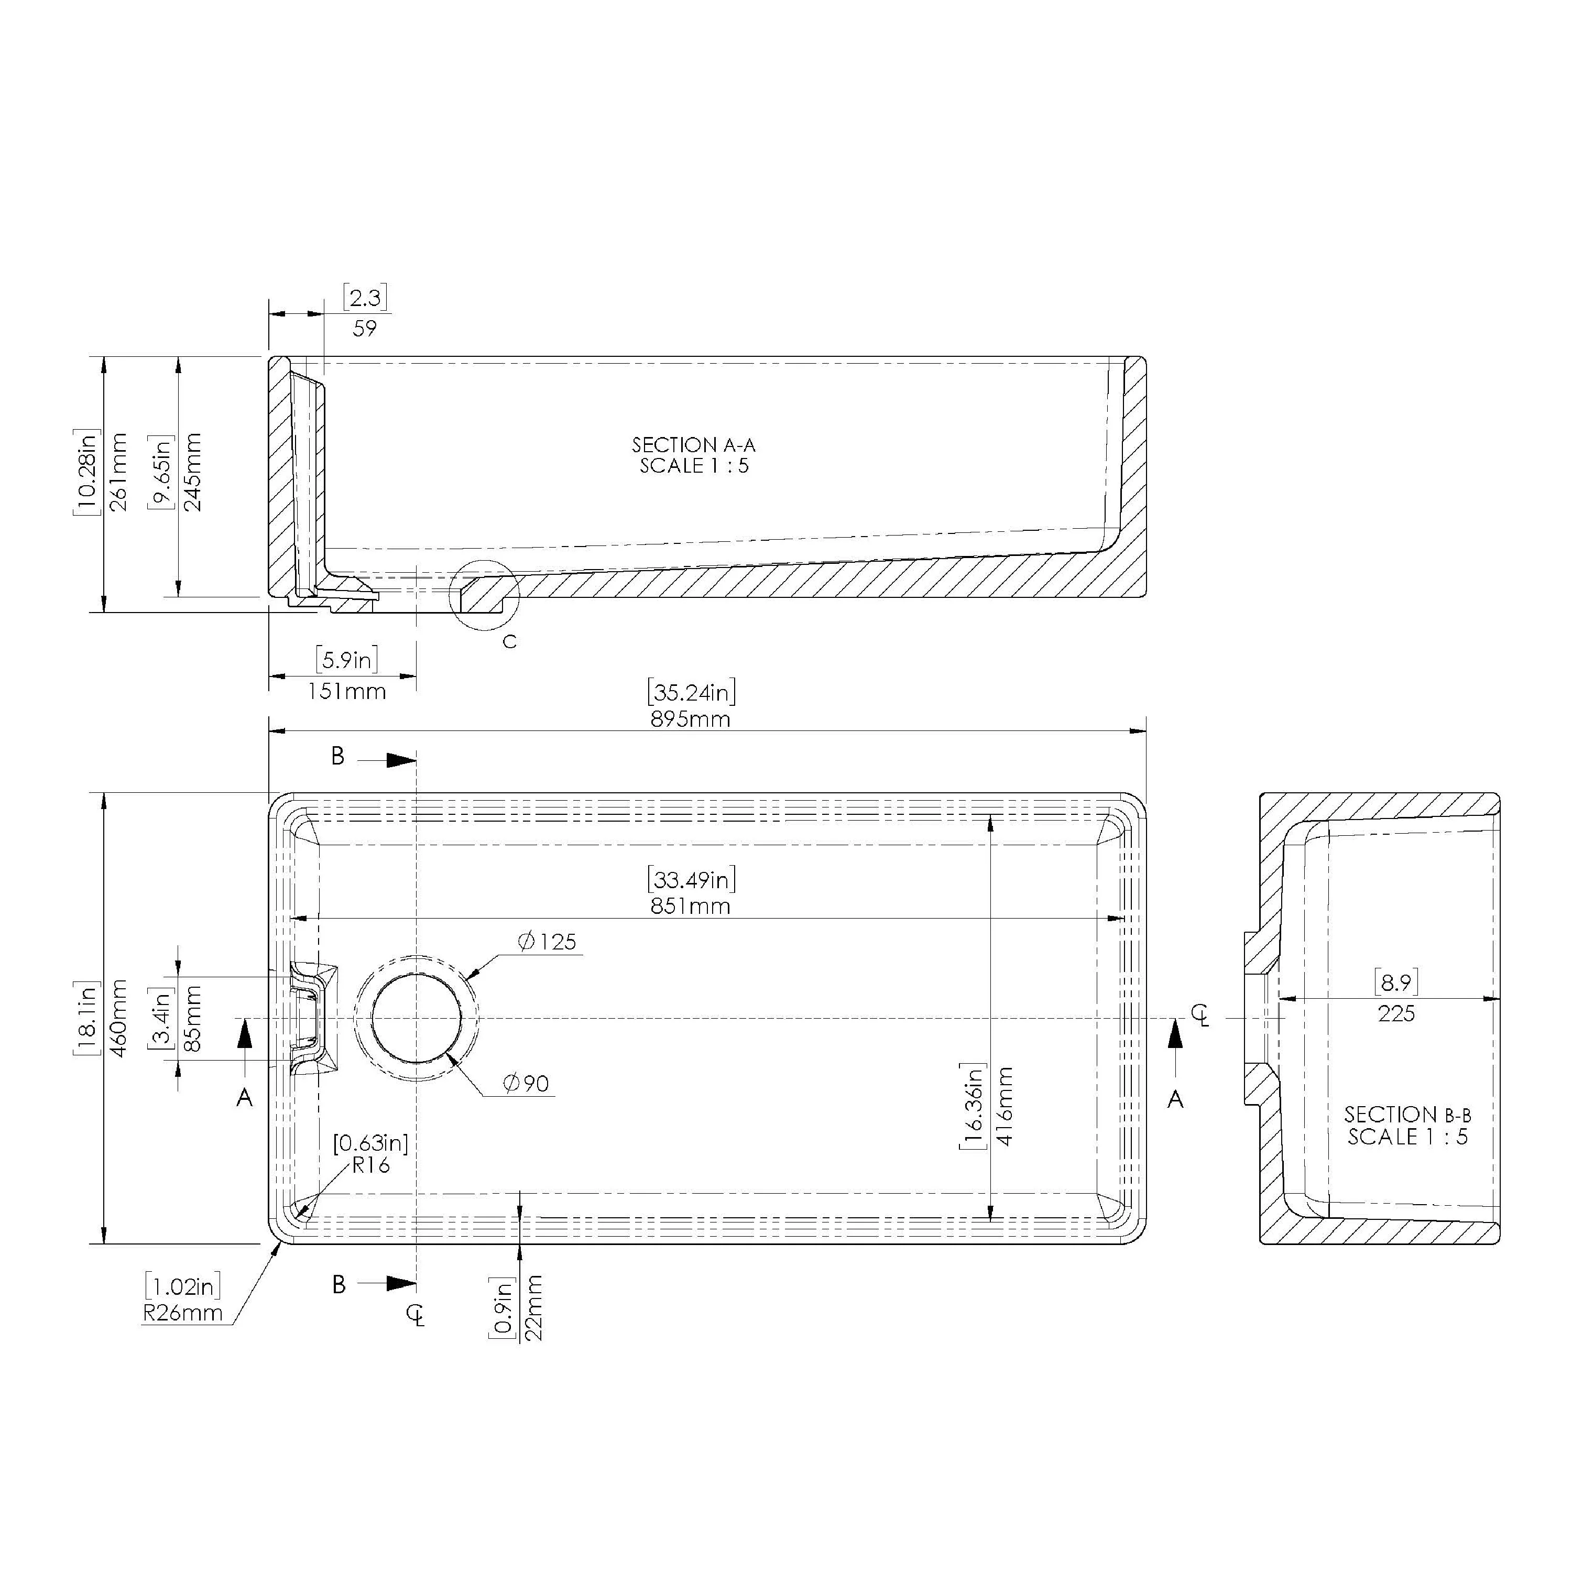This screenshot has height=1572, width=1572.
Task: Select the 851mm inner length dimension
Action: (690, 905)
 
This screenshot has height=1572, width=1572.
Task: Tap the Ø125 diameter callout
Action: (547, 942)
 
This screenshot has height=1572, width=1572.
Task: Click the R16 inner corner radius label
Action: (370, 1165)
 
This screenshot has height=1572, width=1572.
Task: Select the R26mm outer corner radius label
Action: (183, 1313)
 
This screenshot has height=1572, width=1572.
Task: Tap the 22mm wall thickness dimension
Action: (534, 1307)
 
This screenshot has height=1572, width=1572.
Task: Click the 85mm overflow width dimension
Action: (193, 1019)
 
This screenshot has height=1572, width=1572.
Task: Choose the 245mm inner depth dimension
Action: (193, 472)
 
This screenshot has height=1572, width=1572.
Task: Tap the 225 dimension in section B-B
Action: (1396, 1014)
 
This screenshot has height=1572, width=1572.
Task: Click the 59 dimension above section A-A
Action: (365, 328)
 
